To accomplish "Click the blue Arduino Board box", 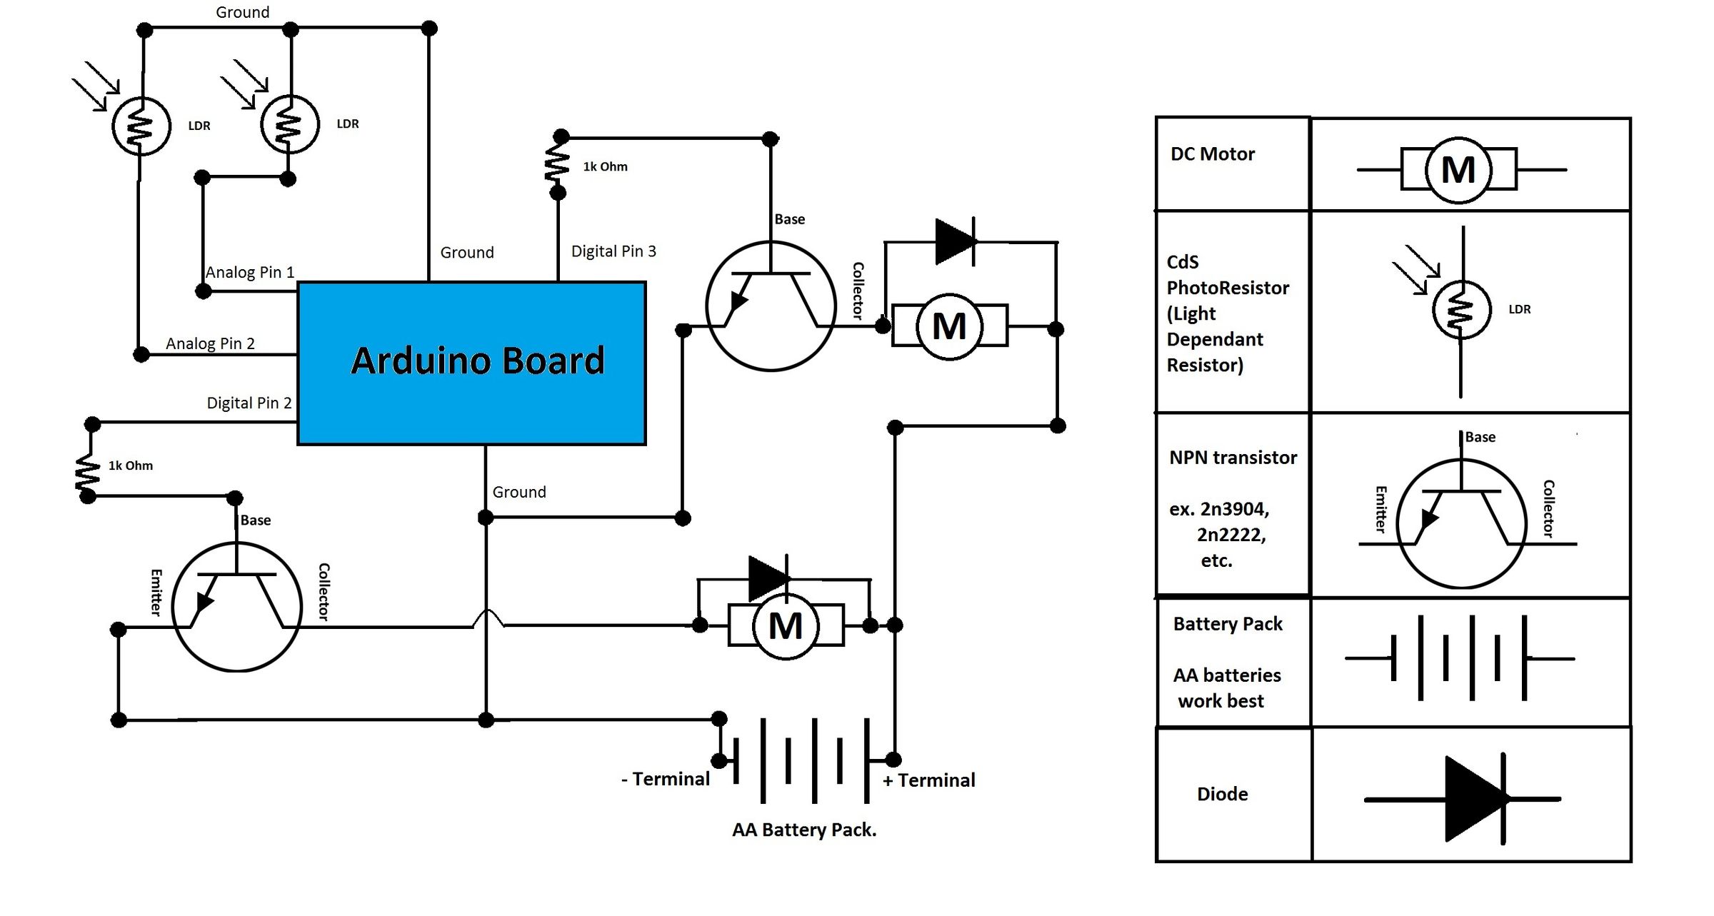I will (471, 363).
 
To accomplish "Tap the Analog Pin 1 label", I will (250, 272).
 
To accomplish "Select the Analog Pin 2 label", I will (210, 343).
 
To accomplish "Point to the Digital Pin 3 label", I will (613, 251).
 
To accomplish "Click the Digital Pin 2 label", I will (249, 403).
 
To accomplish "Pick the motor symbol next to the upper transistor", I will (949, 326).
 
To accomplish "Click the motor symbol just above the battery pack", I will (786, 625).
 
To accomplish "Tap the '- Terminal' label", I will (666, 779).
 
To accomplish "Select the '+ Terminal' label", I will (928, 780).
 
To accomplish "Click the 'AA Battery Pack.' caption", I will (804, 830).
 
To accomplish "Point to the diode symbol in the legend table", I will (1471, 799).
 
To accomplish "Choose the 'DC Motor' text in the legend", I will (1212, 154).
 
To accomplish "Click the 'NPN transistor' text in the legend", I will (1233, 458).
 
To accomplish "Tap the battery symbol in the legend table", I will (1459, 658).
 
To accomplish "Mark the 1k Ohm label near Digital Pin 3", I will (605, 167).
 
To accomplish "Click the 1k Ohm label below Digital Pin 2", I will (130, 465).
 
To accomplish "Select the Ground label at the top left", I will (243, 12).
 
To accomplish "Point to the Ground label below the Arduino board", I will (519, 492).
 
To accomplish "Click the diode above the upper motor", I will (956, 241).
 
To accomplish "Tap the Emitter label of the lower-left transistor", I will (156, 592).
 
